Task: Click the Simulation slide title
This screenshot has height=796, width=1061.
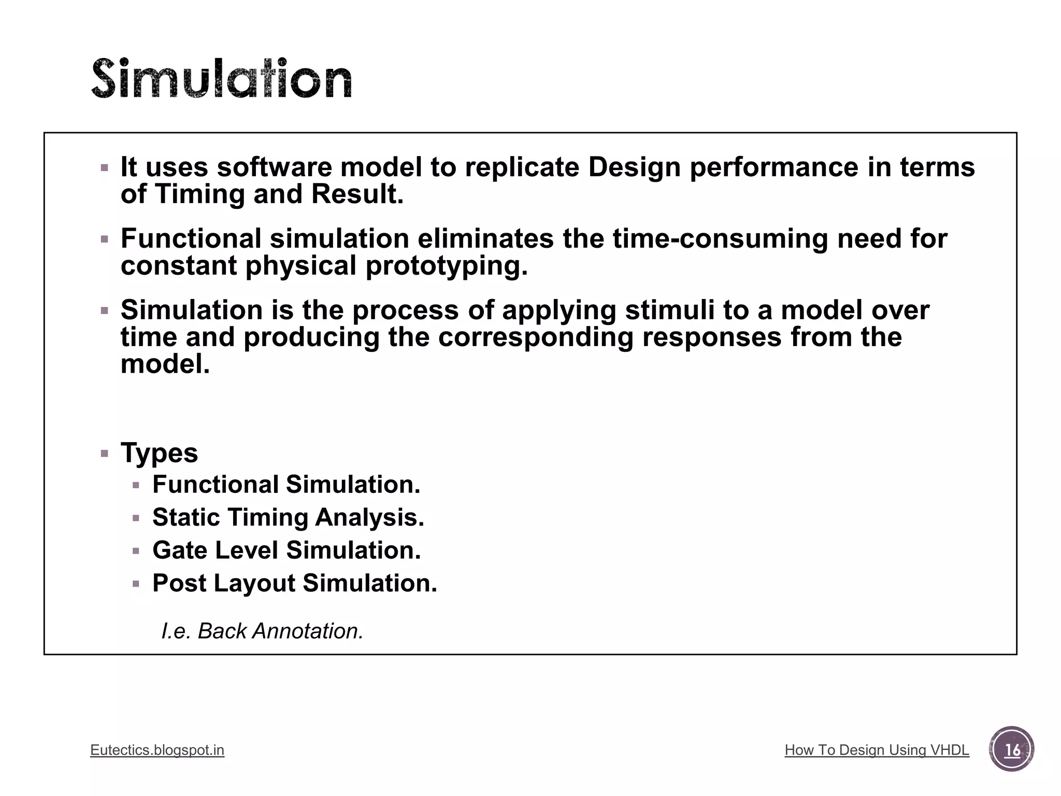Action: click(222, 79)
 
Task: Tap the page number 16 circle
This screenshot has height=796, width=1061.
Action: click(1011, 749)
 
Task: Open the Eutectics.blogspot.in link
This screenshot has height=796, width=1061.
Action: click(157, 750)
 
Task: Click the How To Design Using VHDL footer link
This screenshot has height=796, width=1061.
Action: click(877, 750)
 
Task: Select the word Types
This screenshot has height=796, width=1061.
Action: click(159, 453)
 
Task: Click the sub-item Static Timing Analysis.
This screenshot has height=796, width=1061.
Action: click(288, 517)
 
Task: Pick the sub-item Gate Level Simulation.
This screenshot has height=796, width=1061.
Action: click(286, 550)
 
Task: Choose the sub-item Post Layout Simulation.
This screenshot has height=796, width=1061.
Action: click(295, 583)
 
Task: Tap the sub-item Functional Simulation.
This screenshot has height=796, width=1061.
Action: click(286, 485)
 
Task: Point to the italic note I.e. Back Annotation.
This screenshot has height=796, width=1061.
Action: click(262, 631)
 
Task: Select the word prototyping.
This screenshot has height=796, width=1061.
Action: click(447, 266)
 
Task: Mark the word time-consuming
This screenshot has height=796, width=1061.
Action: click(721, 239)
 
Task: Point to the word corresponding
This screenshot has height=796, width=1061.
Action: click(536, 337)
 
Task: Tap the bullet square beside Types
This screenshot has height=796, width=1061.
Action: click(105, 454)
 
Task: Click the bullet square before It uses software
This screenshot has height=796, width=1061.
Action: click(105, 168)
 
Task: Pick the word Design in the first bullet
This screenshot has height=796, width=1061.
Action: click(634, 167)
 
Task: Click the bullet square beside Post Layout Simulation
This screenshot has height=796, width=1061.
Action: click(136, 584)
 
